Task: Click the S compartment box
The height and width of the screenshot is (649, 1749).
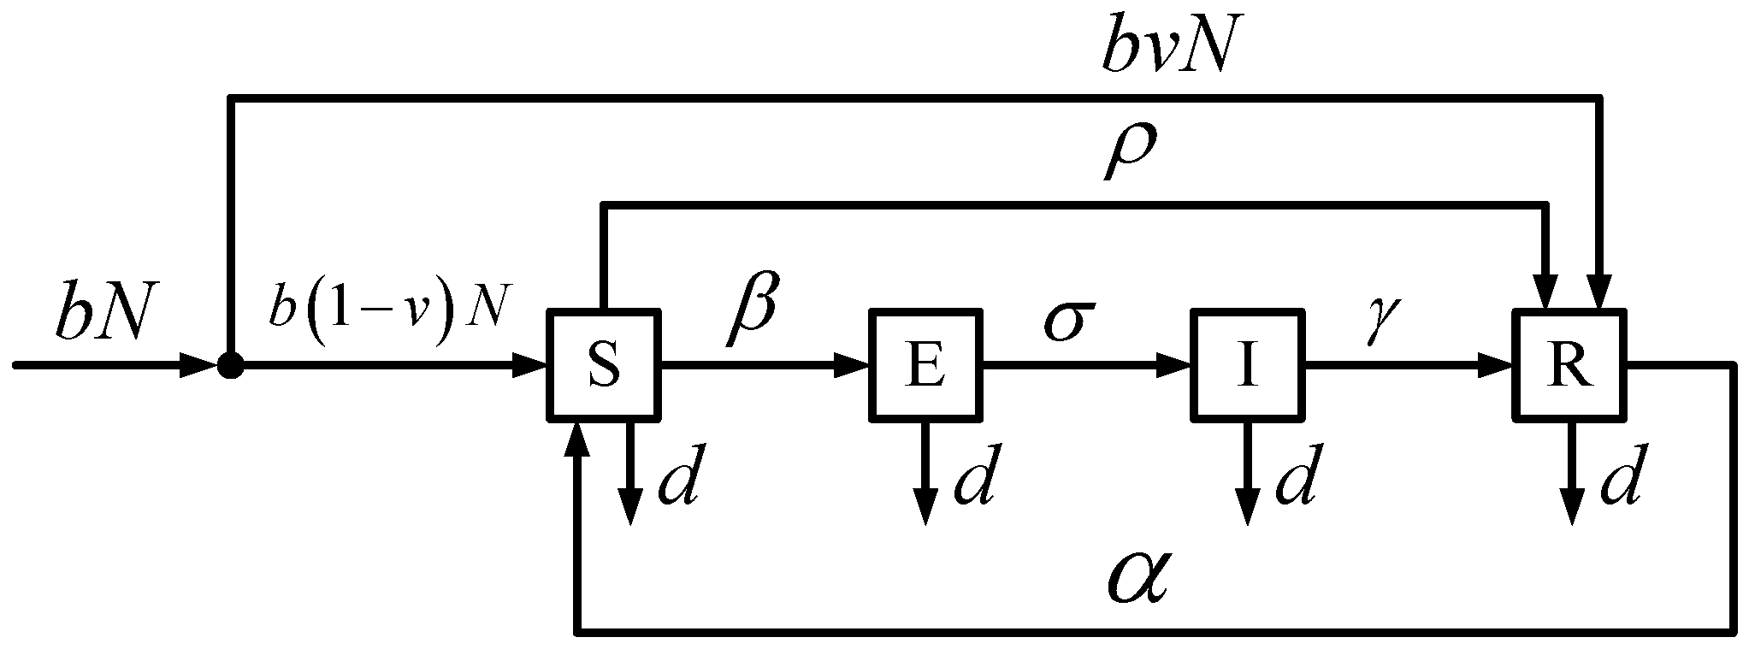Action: point(604,366)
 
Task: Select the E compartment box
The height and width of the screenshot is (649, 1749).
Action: point(925,366)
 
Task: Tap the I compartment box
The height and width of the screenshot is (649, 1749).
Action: point(1247,366)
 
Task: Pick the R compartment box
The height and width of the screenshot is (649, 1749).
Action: point(1570,366)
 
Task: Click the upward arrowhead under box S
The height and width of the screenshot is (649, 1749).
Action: point(579,439)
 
